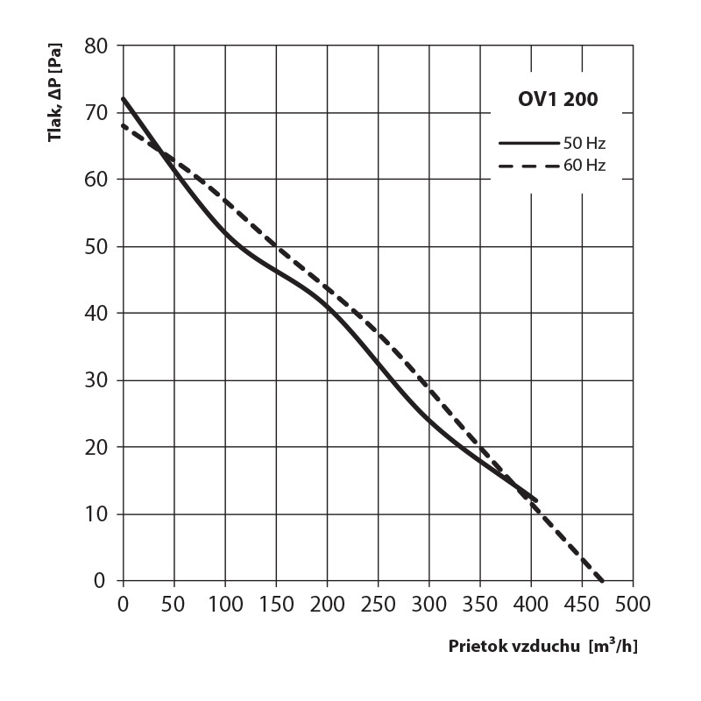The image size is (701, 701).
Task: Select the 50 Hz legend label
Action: pos(586,142)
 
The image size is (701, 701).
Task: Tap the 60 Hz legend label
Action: pos(586,165)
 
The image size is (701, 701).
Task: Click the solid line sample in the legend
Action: pos(529,142)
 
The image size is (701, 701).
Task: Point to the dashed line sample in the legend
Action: pos(529,165)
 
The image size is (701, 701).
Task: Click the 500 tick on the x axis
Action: pos(633,605)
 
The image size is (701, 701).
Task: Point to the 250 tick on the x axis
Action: pos(378,605)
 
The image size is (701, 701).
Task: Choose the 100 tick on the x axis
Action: pos(225,605)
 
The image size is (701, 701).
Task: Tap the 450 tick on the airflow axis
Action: pos(582,605)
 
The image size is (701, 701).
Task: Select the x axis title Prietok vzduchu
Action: pos(513,648)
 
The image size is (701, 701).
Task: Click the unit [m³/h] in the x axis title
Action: pos(614,647)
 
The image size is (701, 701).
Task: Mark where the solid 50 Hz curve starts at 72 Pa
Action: pos(124,98)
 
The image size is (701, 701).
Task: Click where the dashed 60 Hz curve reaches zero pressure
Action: pos(603,580)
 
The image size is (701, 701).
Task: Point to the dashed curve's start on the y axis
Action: pos(124,125)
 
